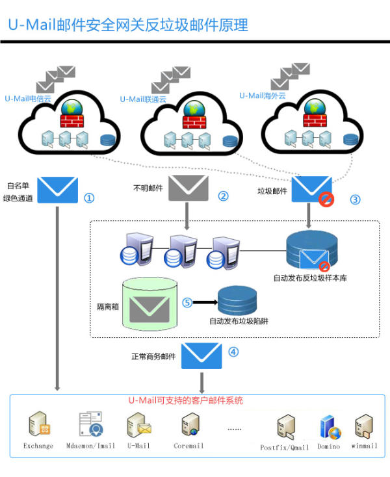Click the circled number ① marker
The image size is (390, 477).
[89, 198]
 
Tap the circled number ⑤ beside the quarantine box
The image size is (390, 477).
[187, 302]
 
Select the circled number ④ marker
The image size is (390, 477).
[233, 352]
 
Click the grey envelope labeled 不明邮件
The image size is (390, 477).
[188, 188]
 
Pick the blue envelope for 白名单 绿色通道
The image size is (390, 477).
[57, 190]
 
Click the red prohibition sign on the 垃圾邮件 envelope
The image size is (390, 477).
[326, 200]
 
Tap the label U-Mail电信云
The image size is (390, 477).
[28, 99]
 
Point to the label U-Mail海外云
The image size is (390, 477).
[263, 96]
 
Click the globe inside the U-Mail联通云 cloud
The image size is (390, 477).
[194, 109]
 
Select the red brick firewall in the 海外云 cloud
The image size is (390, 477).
[315, 120]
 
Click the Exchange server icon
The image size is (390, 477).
[39, 424]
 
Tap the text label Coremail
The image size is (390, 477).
[188, 446]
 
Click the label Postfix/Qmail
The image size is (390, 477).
[285, 447]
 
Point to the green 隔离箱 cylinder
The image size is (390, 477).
[149, 304]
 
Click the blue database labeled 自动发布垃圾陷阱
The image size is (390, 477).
[237, 300]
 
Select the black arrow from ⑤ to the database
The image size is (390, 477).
[205, 302]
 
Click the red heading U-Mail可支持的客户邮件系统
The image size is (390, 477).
[185, 400]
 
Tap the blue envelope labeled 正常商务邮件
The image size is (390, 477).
[201, 356]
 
